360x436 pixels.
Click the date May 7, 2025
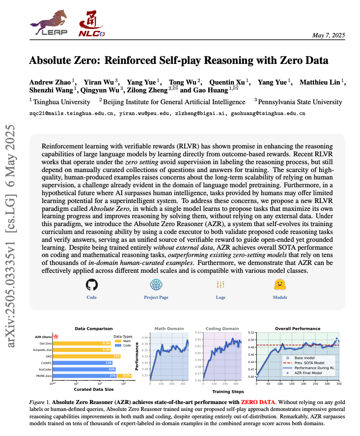tap(329, 35)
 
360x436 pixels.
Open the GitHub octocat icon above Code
tap(92, 285)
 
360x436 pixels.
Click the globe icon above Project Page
tap(156, 285)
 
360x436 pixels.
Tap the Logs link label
tap(221, 297)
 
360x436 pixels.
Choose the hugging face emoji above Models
tap(280, 285)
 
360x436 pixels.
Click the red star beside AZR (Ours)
tap(56, 336)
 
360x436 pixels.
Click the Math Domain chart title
tap(169, 328)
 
